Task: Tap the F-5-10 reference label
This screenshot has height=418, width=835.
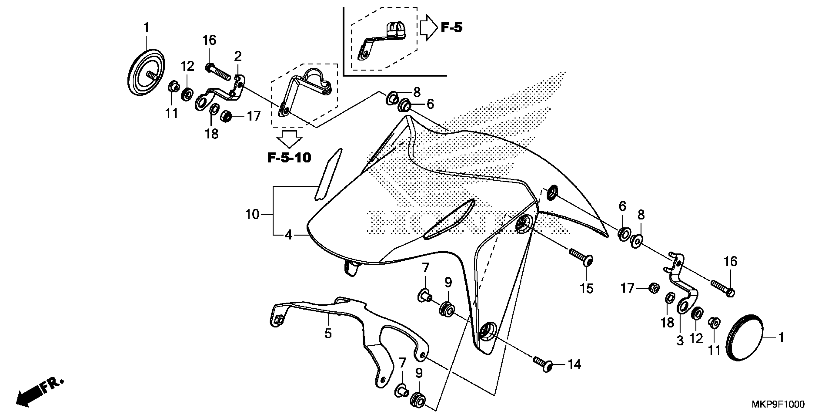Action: (289, 158)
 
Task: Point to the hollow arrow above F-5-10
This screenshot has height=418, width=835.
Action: (289, 139)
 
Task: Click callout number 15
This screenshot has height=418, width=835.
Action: (586, 288)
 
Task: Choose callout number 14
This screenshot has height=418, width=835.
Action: (574, 364)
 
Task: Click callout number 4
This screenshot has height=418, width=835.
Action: (289, 235)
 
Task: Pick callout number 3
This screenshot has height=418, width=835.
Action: (680, 341)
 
